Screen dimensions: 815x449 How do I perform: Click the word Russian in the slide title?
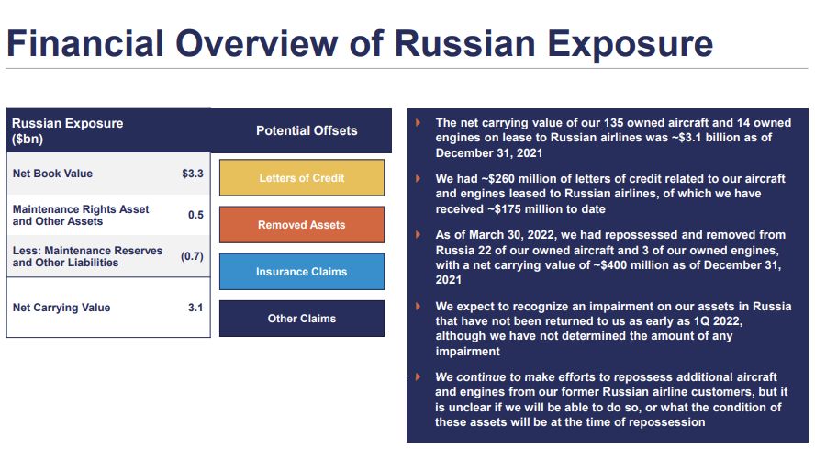click(465, 43)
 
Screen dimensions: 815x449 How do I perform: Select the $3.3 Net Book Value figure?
click(193, 174)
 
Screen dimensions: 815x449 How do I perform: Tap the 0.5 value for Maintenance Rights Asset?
click(195, 215)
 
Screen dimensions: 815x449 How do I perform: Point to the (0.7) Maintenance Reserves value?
click(192, 256)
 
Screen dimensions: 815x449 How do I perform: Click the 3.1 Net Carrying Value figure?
click(195, 308)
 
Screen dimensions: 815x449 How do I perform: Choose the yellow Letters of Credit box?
click(302, 178)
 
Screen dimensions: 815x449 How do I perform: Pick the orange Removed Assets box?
click(302, 225)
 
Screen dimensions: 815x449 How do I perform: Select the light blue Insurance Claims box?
click(302, 272)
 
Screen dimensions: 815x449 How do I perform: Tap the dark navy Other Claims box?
click(302, 319)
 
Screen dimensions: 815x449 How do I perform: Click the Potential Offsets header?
click(307, 130)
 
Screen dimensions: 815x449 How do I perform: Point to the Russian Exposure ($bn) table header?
click(68, 131)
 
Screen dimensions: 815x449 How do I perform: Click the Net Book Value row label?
click(52, 174)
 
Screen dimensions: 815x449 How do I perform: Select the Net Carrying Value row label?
click(61, 308)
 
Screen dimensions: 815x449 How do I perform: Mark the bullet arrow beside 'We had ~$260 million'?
click(418, 178)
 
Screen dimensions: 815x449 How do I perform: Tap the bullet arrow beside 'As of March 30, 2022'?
click(418, 235)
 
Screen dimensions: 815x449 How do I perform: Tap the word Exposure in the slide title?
click(630, 44)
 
